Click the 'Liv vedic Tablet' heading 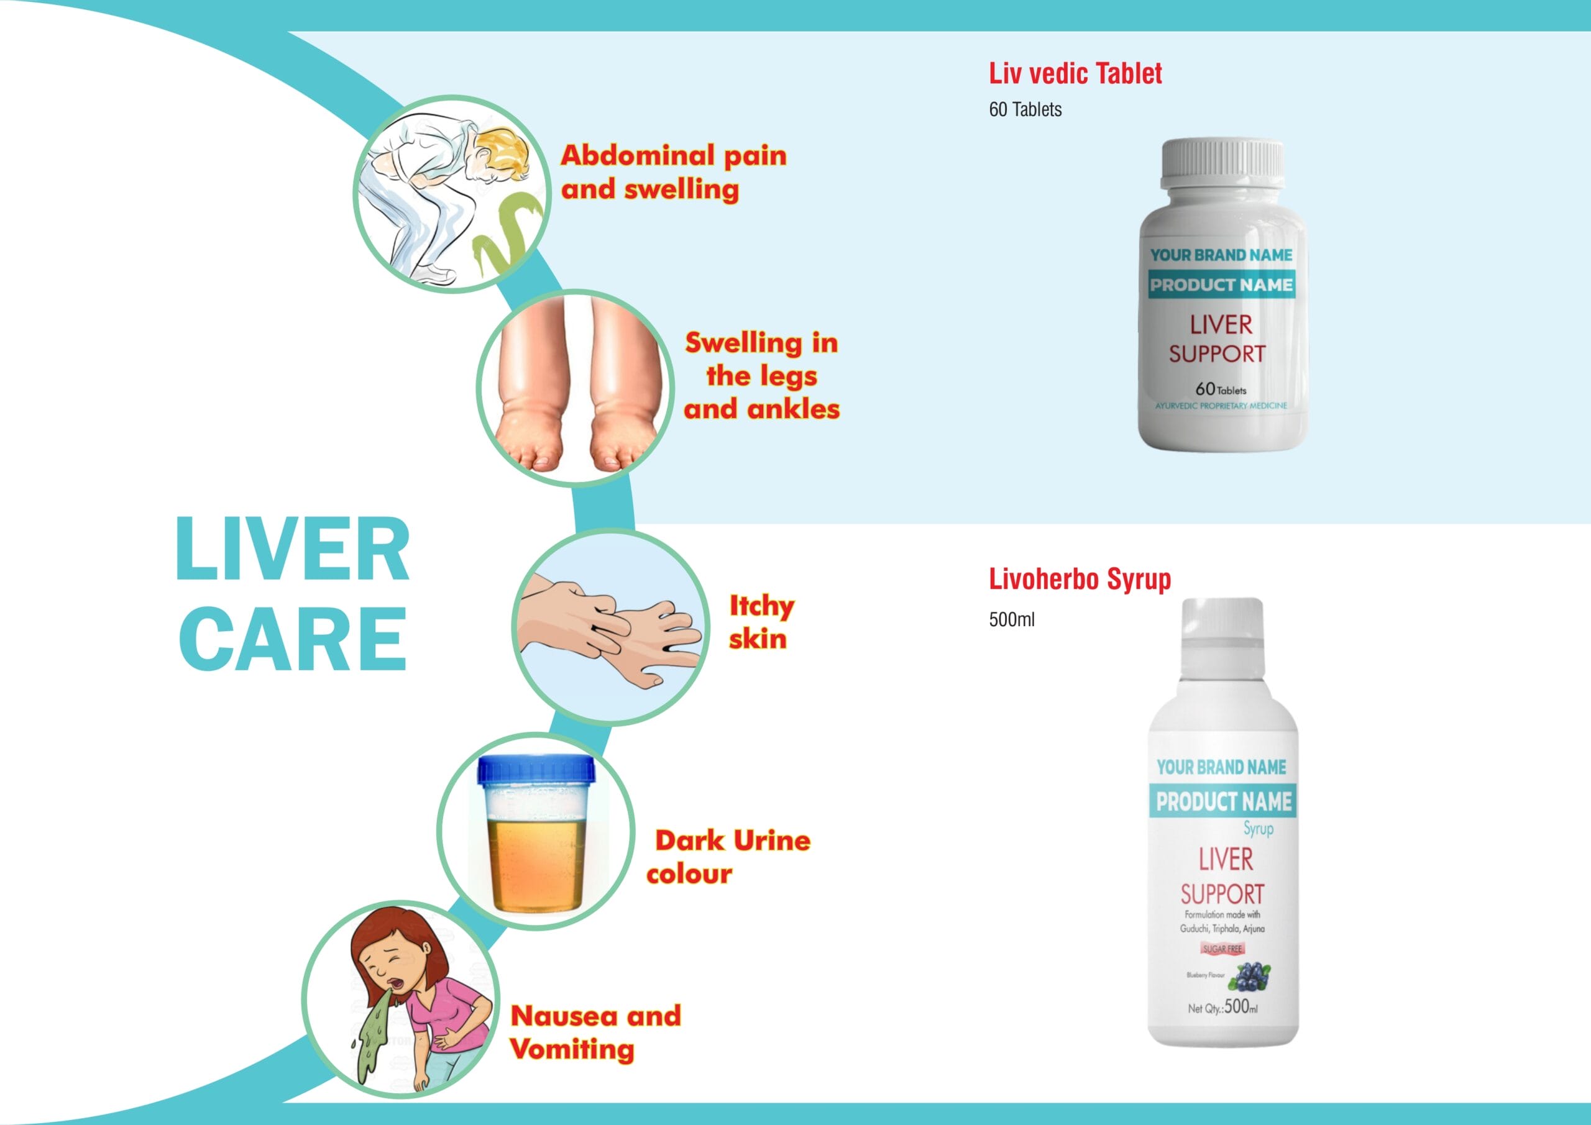pos(1075,73)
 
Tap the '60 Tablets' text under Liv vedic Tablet pos(1025,109)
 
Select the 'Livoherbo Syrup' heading pos(1079,579)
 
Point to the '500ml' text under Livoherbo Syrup pos(1011,619)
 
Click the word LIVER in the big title pos(293,549)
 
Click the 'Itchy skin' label pos(761,621)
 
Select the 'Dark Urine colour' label pos(728,856)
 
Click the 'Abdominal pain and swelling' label pos(673,172)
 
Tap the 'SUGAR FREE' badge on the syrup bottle pos(1222,949)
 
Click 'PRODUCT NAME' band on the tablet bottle pos(1221,285)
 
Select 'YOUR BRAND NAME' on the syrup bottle pos(1221,767)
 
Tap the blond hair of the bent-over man pos(502,148)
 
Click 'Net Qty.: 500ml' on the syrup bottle pos(1222,1007)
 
